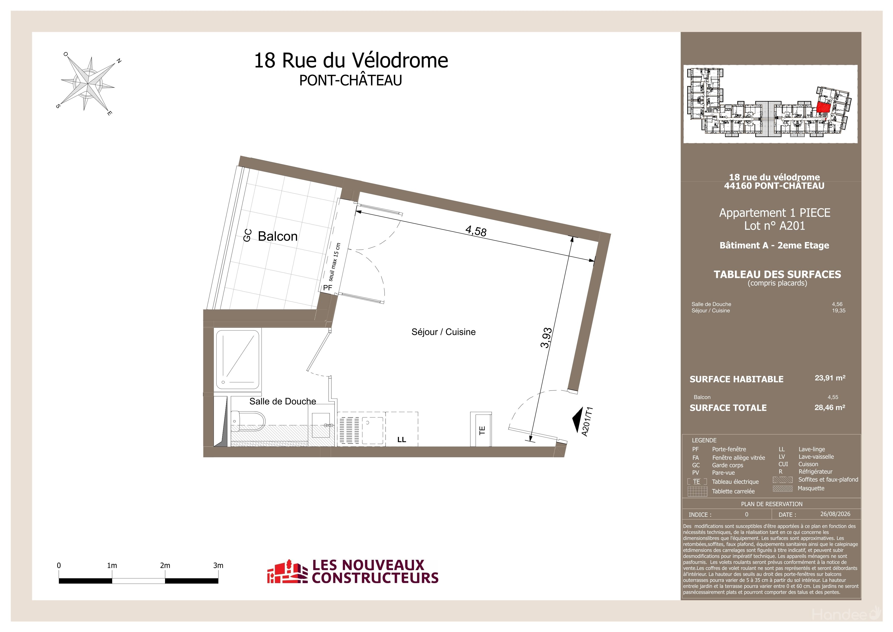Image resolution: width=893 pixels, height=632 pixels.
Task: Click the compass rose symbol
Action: coord(88,84)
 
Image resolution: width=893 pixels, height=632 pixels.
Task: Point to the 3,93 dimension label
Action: coord(546,338)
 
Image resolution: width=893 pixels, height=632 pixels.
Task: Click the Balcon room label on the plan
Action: coord(278,236)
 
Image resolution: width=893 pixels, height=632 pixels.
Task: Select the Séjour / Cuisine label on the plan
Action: coord(443,332)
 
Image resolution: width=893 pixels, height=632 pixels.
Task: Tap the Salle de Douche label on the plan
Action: coord(283,401)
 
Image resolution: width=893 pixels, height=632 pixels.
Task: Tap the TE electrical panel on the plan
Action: coord(481,429)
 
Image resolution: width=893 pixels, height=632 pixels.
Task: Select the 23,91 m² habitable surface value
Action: coord(830,378)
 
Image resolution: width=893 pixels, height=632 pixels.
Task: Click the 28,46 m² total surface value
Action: coord(830,407)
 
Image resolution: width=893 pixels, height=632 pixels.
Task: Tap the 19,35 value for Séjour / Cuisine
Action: coord(838,311)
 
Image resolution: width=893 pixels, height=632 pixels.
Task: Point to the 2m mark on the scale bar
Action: coord(165,565)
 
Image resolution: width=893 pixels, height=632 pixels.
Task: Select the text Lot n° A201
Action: coord(774,226)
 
